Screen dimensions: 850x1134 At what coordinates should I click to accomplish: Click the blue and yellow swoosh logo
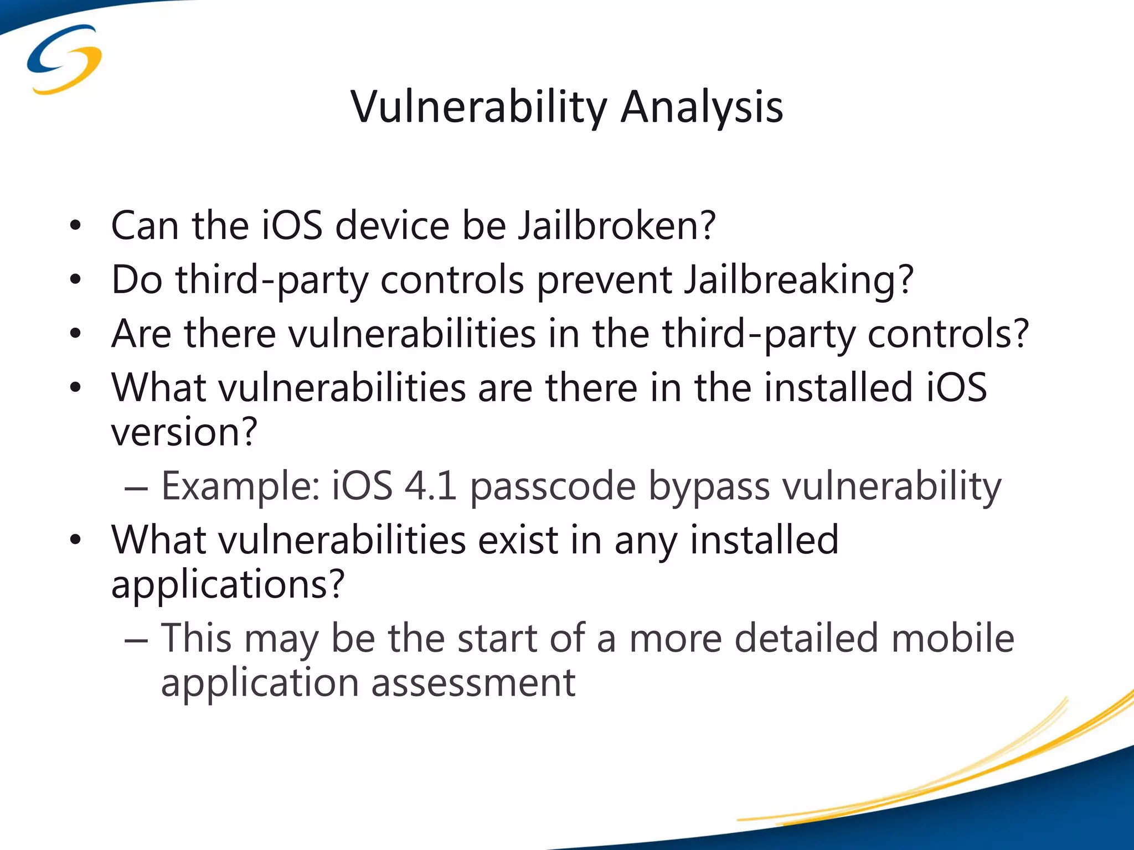[x=64, y=59]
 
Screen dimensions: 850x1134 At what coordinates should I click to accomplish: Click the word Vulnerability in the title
[x=479, y=107]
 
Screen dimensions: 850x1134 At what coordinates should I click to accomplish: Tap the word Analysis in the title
[x=702, y=107]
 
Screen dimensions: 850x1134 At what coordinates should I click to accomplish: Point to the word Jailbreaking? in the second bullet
[x=798, y=280]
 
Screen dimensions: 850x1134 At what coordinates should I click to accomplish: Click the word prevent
[x=605, y=280]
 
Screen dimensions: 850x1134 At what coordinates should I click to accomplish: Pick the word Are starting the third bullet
[x=141, y=334]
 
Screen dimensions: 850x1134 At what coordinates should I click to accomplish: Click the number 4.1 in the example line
[x=430, y=486]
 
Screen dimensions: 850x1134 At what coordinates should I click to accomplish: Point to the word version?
[x=184, y=432]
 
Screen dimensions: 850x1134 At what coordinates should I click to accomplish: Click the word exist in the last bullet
[x=518, y=540]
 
